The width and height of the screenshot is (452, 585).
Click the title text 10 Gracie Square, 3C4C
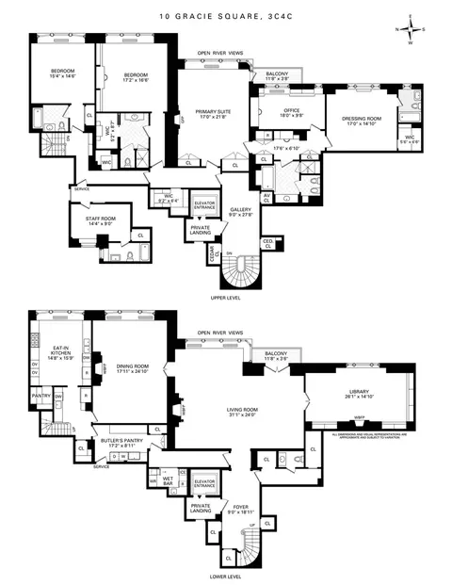coord(226,17)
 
